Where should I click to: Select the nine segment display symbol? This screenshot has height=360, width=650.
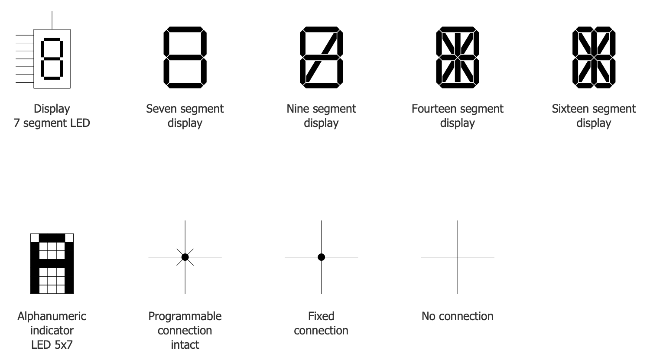321,58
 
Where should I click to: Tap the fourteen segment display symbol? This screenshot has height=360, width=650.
458,58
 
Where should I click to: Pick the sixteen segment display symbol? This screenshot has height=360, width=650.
594,58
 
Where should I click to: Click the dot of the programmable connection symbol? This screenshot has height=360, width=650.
185,257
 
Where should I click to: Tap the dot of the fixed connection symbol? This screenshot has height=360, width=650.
321,257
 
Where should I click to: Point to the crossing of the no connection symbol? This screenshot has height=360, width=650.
458,257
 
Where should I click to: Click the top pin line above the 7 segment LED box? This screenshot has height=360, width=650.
52,20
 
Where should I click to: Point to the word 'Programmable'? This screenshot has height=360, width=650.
185,317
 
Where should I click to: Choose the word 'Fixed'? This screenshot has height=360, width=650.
321,316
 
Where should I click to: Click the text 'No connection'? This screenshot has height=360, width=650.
458,316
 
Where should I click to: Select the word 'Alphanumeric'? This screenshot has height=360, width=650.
52,317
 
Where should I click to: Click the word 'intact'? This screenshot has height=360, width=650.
185,345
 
